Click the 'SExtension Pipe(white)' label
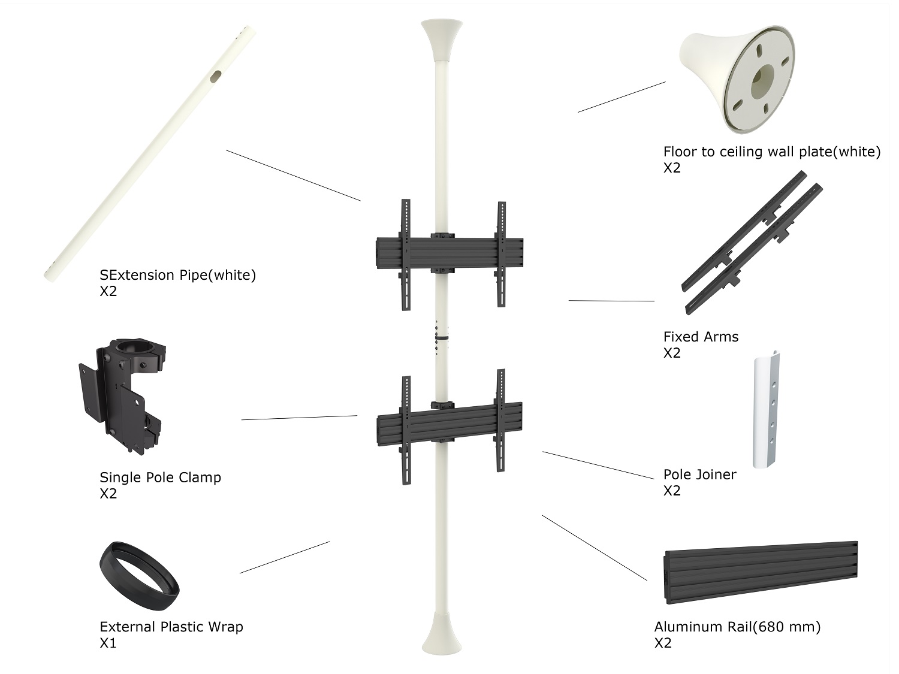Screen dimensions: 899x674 point(178,275)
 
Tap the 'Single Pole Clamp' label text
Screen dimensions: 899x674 point(160,477)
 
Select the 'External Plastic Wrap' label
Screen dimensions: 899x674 point(171,627)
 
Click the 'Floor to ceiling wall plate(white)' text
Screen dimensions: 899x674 point(771,152)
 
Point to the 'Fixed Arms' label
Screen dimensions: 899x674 point(701,337)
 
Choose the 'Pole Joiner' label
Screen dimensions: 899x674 point(699,474)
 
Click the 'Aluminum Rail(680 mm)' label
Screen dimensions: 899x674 point(737,627)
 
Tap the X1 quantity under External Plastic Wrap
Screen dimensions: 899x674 point(108,643)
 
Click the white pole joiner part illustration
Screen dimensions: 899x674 point(765,409)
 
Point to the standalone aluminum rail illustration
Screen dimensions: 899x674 point(761,573)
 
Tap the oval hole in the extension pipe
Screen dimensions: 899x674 point(216,76)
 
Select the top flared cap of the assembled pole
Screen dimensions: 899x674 point(442,40)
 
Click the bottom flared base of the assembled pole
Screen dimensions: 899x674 point(442,633)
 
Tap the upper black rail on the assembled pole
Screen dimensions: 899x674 point(450,253)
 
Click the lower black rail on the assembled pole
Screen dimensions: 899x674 point(450,424)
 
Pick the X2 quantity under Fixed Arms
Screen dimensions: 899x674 point(672,353)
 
